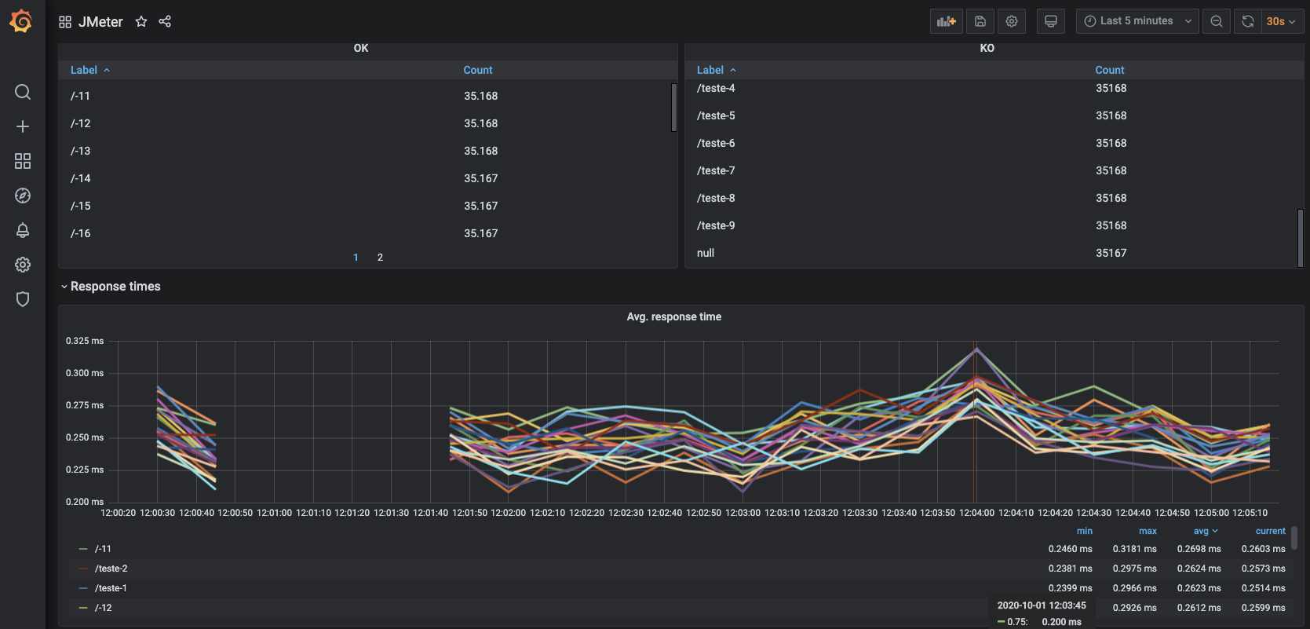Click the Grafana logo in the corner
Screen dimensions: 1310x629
(22, 21)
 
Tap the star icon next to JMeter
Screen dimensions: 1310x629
(141, 22)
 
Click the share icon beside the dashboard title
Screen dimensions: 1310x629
(165, 22)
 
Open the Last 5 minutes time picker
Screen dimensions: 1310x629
(1137, 21)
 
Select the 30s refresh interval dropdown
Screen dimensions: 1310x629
(1280, 22)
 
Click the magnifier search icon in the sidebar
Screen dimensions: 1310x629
(22, 92)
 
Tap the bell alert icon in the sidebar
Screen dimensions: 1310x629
(22, 230)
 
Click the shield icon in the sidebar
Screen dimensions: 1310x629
(22, 299)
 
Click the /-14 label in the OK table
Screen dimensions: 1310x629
(81, 178)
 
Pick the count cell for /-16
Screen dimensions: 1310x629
(480, 233)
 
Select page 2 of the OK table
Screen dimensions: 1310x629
(380, 258)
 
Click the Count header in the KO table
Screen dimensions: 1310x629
(1109, 70)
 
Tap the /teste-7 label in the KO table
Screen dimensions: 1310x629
(716, 171)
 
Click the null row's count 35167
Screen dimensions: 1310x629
(1111, 254)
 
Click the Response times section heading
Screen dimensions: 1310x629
(115, 287)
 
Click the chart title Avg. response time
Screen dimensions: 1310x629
(673, 316)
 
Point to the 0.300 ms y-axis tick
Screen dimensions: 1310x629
(85, 373)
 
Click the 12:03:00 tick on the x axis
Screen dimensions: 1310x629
(743, 513)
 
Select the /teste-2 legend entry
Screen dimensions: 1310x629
(111, 569)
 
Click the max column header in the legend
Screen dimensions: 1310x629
(1148, 532)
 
